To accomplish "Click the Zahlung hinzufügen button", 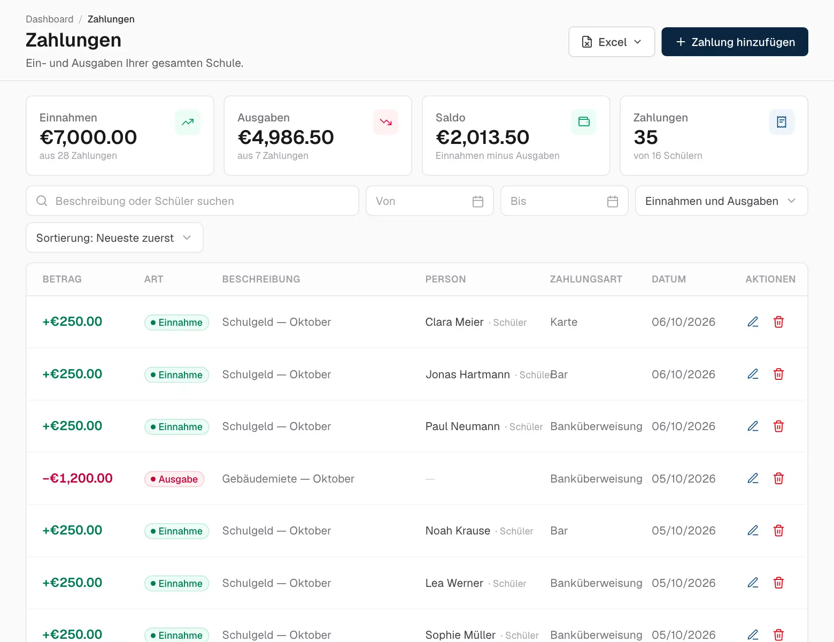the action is point(735,42).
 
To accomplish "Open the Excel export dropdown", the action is point(612,42).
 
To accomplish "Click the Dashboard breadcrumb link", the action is point(50,19).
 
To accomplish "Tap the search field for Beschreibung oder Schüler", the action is point(192,201).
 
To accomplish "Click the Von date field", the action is point(429,201).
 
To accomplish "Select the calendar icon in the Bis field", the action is point(613,201).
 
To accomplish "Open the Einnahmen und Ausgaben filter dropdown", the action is point(721,201).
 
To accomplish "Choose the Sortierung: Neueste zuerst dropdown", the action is point(114,238).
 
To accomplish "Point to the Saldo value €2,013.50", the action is point(482,137).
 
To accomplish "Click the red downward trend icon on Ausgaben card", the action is point(385,122).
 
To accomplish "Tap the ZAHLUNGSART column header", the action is point(586,279).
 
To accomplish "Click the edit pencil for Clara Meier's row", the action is point(753,322).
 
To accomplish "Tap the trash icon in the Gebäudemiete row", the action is point(778,478).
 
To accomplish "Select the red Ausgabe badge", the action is point(174,479).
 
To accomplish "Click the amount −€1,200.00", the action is point(78,478).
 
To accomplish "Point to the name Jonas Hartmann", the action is point(467,374).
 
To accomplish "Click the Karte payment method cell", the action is point(563,322).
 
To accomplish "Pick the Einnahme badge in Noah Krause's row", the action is point(176,531).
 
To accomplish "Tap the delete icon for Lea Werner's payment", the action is point(778,583).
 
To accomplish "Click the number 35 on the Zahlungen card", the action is point(646,137).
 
